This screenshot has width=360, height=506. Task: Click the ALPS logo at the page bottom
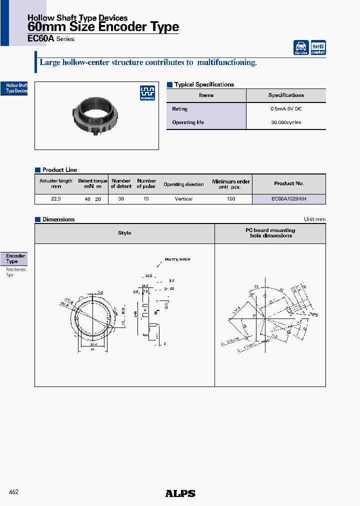[180, 493]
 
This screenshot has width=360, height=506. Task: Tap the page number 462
[14, 492]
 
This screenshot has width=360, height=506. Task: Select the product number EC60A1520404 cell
[289, 199]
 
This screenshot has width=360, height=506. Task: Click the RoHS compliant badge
[318, 47]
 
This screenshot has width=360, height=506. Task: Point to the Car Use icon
[301, 47]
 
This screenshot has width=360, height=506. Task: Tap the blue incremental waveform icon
[147, 92]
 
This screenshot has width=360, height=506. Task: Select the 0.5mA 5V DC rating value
[286, 109]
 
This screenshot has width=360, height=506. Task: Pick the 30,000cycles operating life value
[286, 122]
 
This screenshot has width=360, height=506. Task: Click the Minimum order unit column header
[230, 184]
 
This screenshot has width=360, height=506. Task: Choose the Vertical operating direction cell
[183, 199]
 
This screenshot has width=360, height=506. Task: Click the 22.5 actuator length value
[55, 199]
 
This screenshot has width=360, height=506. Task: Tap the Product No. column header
[289, 183]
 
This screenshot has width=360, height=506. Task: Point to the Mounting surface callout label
[177, 259]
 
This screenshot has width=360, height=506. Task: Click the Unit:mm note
[314, 219]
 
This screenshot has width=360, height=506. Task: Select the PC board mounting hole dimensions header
[270, 233]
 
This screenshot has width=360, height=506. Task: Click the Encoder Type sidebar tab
[15, 258]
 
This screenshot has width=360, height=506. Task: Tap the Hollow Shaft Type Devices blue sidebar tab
[15, 88]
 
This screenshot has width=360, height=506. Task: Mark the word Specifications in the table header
[286, 95]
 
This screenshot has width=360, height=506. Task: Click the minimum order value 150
[230, 199]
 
